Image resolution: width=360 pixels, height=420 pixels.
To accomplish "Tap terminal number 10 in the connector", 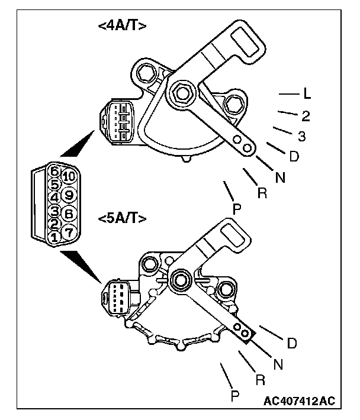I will coord(68,175).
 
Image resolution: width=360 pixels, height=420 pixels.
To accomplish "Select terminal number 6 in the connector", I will coord(54,172).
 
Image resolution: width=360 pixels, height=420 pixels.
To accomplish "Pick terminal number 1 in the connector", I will coord(54,237).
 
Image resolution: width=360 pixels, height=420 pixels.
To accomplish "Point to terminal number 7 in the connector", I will coord(68,232).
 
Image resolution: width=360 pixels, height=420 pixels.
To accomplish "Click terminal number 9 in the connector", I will coord(68,193).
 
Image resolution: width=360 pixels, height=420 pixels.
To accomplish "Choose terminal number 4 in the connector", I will coord(54,197).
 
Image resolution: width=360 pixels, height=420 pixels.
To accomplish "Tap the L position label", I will coord(307,93).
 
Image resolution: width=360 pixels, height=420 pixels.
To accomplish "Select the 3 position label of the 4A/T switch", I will coord(301,137).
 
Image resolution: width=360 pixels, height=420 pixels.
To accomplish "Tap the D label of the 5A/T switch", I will coord(291,343).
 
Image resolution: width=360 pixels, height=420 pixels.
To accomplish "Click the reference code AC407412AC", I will coord(299,401).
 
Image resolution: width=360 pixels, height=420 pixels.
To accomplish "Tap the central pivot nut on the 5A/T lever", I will coord(179,278).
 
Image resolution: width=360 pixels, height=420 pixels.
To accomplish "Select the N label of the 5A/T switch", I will coord(278,364).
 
